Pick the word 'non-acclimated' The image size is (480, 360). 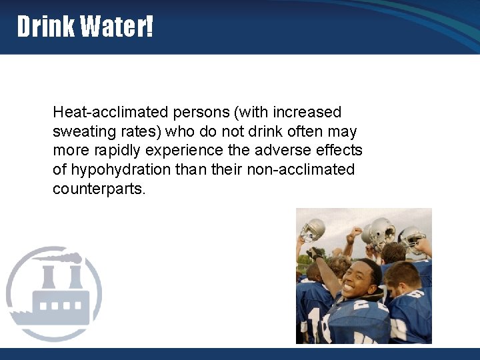(301, 169)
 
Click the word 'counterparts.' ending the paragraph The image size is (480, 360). (99, 189)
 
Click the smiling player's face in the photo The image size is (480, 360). (358, 280)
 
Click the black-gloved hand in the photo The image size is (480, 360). (314, 253)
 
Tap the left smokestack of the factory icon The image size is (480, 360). (49, 277)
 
